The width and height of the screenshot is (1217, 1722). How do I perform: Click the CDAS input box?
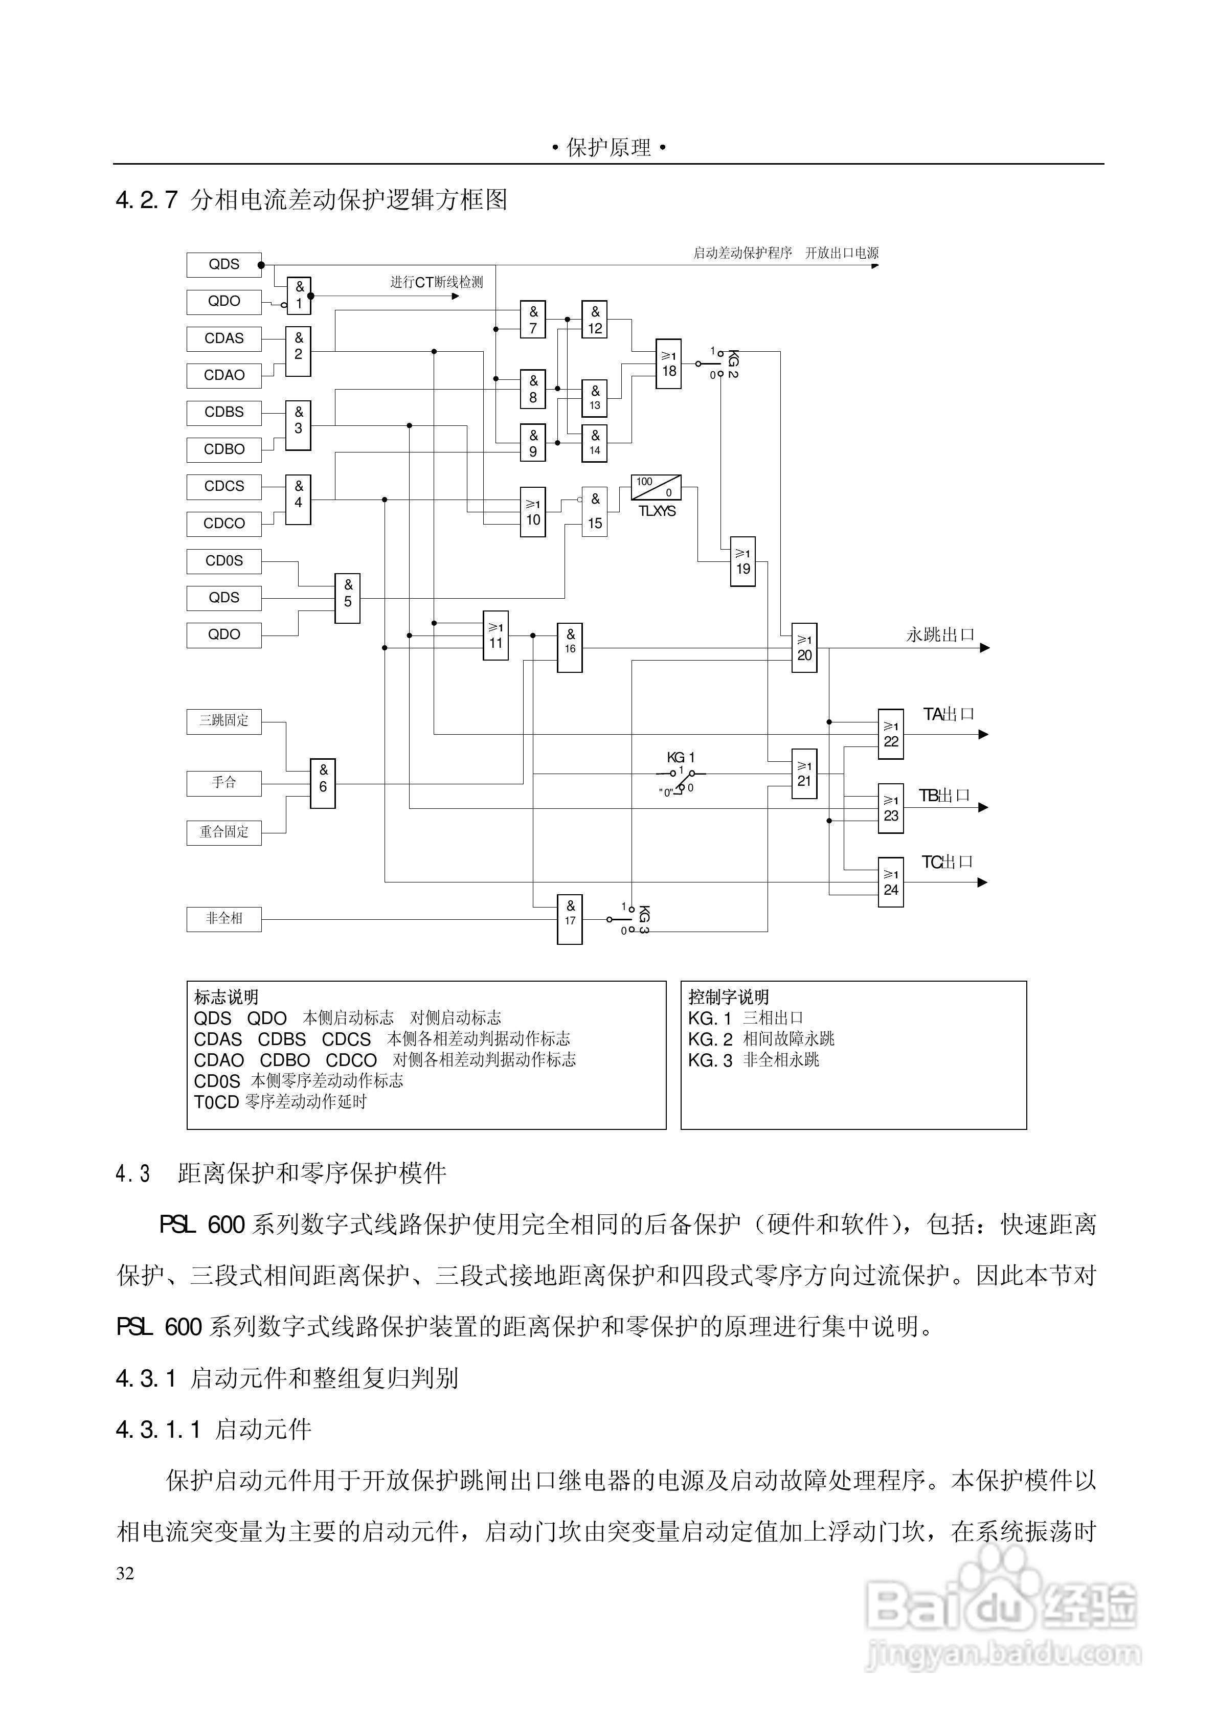[223, 338]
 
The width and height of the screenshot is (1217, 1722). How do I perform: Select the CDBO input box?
[223, 449]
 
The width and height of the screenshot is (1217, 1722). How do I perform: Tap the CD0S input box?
[223, 560]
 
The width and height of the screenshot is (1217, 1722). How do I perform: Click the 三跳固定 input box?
[223, 721]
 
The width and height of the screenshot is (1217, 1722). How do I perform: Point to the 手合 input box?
[223, 783]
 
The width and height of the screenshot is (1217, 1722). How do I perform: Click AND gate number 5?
[347, 598]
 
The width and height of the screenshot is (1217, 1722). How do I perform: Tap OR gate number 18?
[668, 364]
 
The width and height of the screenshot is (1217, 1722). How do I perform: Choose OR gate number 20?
[804, 647]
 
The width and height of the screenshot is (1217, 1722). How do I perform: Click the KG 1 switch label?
[681, 758]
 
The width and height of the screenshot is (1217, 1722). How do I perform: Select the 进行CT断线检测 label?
[436, 282]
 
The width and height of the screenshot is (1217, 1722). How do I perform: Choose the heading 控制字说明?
[728, 997]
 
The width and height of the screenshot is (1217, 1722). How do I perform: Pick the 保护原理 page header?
[608, 148]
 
